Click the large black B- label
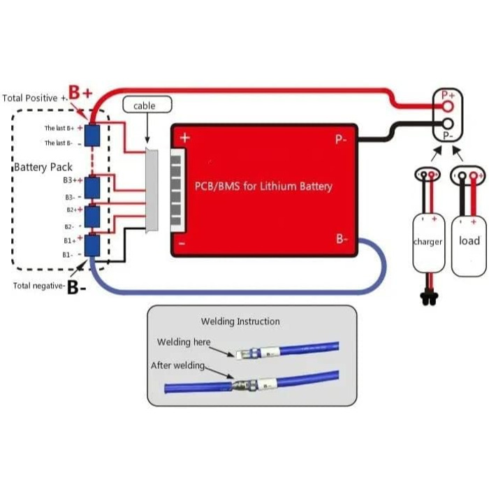77,288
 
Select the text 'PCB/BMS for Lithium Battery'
263,187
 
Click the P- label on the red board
341,139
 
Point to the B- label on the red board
342,239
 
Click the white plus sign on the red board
185,138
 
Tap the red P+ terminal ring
448,105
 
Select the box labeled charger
428,242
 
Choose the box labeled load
469,241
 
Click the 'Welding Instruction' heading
240,321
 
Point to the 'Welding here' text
183,342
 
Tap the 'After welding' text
177,365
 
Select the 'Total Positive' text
30,98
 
